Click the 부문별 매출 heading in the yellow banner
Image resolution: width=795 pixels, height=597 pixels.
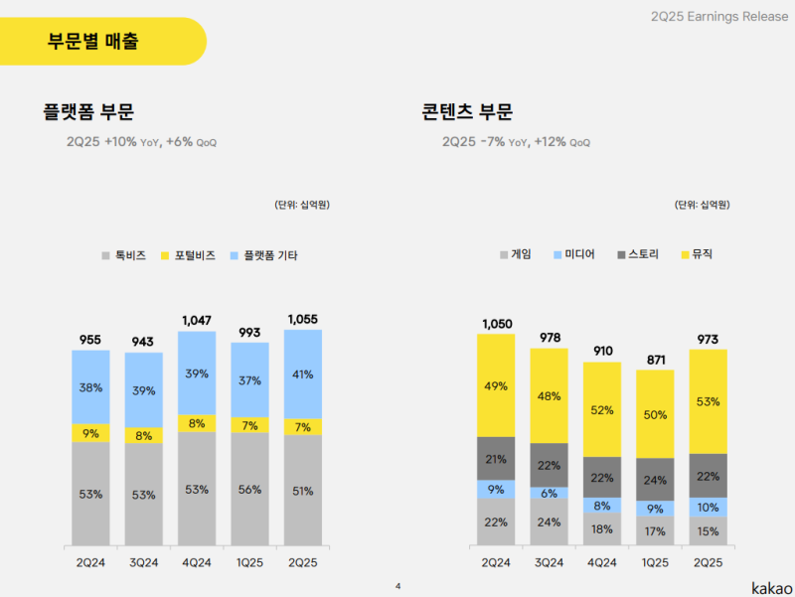pyautogui.click(x=93, y=42)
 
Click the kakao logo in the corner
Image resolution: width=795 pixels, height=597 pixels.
pyautogui.click(x=771, y=585)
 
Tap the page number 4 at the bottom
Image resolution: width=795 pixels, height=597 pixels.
pyautogui.click(x=397, y=585)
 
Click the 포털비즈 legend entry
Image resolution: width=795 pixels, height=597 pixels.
pyautogui.click(x=188, y=255)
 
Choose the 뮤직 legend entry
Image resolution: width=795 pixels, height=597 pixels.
pyautogui.click(x=695, y=254)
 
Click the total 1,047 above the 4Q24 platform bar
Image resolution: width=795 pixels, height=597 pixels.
pyautogui.click(x=197, y=320)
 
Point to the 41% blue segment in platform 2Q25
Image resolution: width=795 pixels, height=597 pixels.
pyautogui.click(x=303, y=374)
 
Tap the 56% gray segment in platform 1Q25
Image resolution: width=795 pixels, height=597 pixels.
pyautogui.click(x=249, y=490)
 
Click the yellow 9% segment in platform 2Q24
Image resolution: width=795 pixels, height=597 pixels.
pyautogui.click(x=90, y=433)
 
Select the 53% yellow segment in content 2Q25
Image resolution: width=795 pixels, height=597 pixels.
pyautogui.click(x=708, y=401)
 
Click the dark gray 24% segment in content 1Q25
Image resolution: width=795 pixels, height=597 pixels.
pyautogui.click(x=655, y=479)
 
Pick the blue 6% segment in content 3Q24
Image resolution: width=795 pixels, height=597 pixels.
pyautogui.click(x=550, y=493)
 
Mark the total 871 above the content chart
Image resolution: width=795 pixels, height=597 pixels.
pyautogui.click(x=655, y=359)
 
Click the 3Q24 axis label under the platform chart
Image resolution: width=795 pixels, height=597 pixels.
pyautogui.click(x=143, y=562)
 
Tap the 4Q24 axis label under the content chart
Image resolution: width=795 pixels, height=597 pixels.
pyautogui.click(x=602, y=562)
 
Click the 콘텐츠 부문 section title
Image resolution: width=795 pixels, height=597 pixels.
pyautogui.click(x=467, y=112)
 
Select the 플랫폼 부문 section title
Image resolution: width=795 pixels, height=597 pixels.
pyautogui.click(x=88, y=112)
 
